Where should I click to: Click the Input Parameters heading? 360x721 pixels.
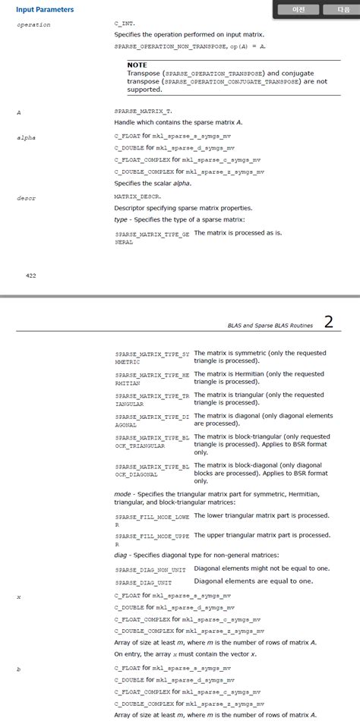click(x=45, y=10)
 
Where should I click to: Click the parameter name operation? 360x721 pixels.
click(x=33, y=25)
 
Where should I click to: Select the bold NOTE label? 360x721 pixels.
click(x=137, y=65)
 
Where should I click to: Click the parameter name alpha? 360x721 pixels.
click(x=27, y=138)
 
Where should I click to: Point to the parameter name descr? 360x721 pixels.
click(x=27, y=198)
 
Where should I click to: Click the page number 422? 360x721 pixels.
click(x=31, y=275)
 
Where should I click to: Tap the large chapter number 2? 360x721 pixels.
click(x=328, y=322)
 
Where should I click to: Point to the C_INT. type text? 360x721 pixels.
click(x=124, y=25)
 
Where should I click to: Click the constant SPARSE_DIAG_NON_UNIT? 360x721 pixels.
click(x=150, y=569)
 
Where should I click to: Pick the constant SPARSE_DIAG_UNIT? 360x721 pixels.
click(x=143, y=583)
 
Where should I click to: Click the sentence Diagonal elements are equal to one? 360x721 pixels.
click(x=254, y=581)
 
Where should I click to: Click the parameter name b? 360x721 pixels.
click(x=18, y=668)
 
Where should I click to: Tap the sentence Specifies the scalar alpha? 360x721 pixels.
click(x=153, y=183)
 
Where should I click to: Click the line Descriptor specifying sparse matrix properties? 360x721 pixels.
click(x=184, y=208)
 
